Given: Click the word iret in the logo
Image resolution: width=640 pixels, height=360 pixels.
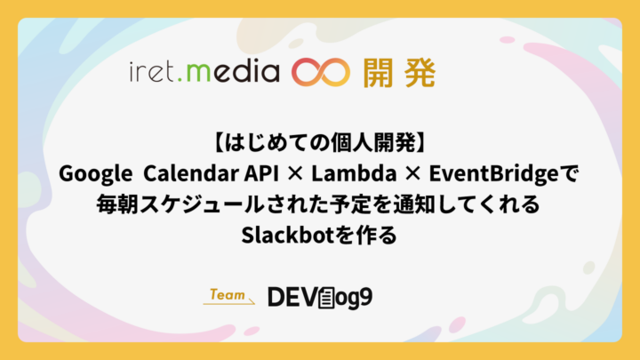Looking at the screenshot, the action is point(152,72).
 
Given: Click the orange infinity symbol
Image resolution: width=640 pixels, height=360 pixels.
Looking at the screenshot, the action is point(320,73).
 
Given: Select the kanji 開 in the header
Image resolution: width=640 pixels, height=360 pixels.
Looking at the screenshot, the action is point(378,73).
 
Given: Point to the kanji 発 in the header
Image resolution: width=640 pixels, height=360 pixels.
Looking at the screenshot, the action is point(420,73).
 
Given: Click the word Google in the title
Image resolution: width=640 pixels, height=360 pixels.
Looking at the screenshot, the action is point(95,174).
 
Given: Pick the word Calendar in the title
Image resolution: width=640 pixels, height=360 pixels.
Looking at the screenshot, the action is point(191,173).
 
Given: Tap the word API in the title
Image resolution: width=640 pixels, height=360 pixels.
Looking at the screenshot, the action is point(261,173).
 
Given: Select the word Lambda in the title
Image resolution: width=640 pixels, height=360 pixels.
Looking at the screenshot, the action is point(354,173).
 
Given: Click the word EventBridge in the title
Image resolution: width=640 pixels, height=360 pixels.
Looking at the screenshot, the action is point(493,174).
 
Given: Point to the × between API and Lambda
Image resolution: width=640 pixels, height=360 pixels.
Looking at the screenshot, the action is point(295,174).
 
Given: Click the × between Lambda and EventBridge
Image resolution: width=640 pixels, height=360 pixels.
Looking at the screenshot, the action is point(412,174).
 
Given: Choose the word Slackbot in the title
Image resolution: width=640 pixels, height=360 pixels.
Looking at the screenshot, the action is point(288,235).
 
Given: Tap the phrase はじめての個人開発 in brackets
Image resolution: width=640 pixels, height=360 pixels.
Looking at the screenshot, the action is point(320,143).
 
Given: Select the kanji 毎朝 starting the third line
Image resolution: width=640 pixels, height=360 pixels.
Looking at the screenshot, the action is point(117,204).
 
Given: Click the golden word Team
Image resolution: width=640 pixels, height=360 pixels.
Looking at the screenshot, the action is point(228,294).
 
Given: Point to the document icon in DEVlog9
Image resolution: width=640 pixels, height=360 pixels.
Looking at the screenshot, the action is point(326,298).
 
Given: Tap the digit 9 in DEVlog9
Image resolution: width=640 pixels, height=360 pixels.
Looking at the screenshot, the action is point(366,297).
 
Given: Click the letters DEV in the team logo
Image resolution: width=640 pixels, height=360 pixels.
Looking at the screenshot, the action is point(292,297).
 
